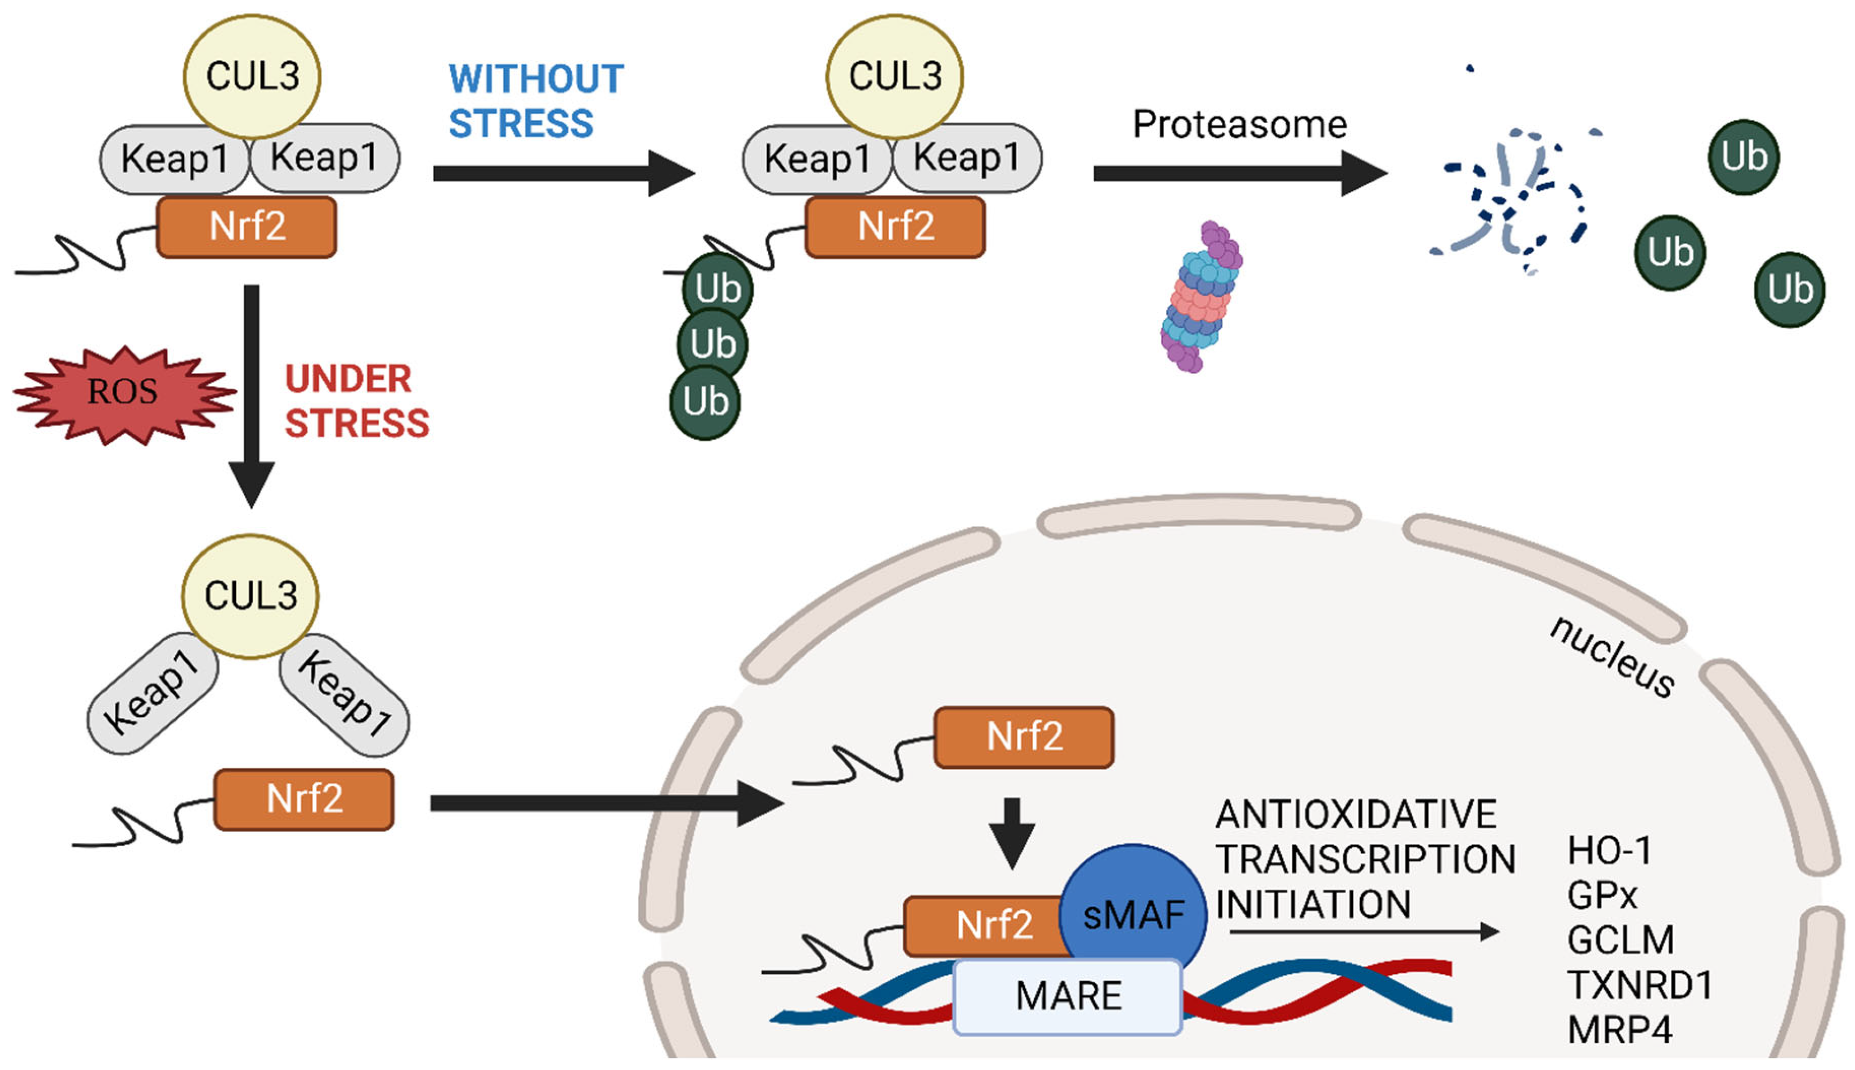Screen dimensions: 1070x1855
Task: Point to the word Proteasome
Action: [1239, 124]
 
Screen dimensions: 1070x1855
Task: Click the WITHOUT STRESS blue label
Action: [535, 101]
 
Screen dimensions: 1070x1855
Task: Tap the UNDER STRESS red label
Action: [356, 401]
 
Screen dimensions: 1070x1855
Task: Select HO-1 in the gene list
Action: [1609, 850]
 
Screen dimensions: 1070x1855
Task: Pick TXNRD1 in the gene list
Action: [1640, 985]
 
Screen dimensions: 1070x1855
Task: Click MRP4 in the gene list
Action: [1619, 1030]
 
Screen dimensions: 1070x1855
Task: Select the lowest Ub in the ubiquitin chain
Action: [705, 402]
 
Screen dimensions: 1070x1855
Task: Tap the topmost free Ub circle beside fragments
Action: [1743, 156]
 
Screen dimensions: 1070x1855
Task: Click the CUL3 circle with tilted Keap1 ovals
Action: [250, 595]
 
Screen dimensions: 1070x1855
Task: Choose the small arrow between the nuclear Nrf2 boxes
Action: [1011, 832]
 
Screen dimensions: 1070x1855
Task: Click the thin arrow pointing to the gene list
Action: [1363, 932]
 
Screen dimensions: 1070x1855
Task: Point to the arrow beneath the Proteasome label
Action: [1239, 173]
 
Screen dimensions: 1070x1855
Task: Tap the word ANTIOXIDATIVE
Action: [1355, 814]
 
